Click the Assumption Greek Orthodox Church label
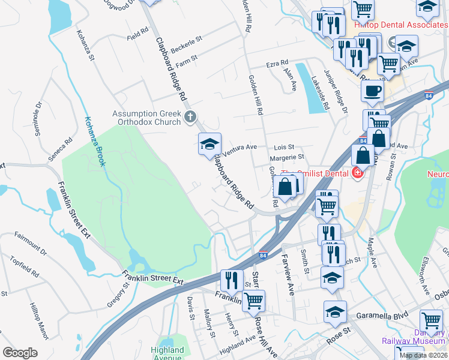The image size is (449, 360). [x=146, y=118]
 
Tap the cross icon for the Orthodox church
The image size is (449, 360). [x=190, y=116]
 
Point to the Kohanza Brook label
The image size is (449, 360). [x=95, y=141]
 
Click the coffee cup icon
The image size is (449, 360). [x=373, y=91]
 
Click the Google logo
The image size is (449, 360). [x=20, y=353]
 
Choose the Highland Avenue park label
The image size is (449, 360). [x=167, y=354]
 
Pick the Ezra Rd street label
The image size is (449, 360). [x=277, y=63]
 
